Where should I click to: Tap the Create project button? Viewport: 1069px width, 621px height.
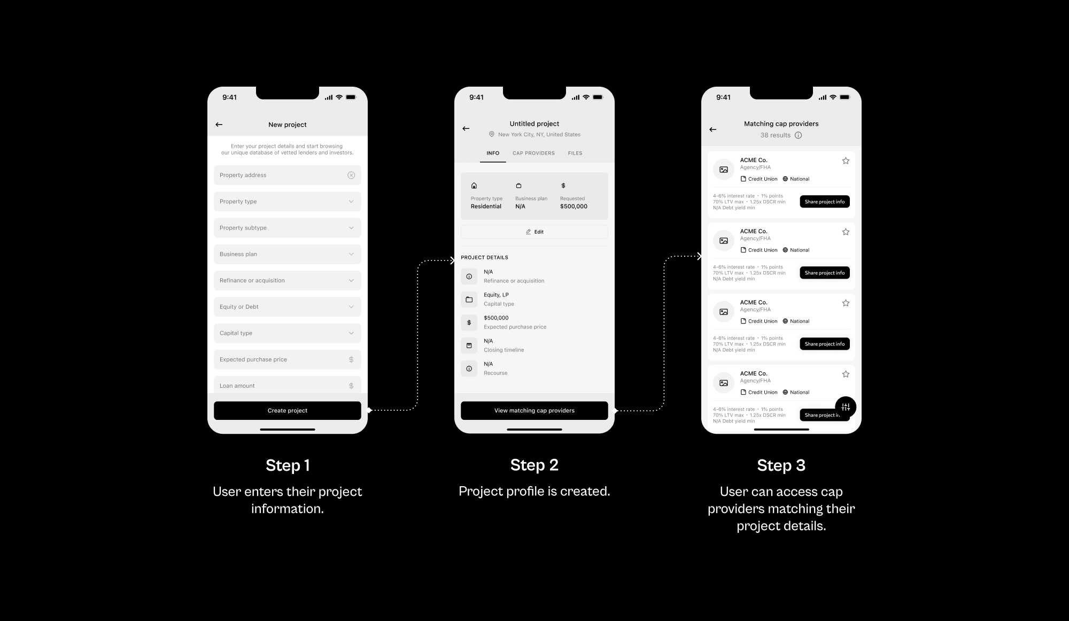click(x=288, y=410)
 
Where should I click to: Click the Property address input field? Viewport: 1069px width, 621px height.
click(x=288, y=175)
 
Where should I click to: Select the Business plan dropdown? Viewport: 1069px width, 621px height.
click(x=288, y=254)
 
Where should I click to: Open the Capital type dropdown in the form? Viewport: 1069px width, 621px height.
click(x=288, y=333)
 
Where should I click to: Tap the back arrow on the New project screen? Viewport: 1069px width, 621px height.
click(x=219, y=125)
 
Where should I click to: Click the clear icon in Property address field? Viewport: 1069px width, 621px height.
click(x=351, y=175)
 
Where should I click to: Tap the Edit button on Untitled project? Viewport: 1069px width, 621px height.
click(x=534, y=232)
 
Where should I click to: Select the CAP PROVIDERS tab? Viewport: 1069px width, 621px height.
click(x=533, y=153)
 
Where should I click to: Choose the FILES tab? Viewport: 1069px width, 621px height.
click(x=575, y=153)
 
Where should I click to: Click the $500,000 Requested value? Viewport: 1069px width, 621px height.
click(x=574, y=206)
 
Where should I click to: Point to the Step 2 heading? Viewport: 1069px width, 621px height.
click(x=534, y=465)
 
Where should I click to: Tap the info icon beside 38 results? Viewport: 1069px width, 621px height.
click(x=798, y=135)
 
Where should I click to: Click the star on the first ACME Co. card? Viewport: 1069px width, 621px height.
click(x=846, y=160)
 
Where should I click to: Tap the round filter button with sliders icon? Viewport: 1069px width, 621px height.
click(x=846, y=408)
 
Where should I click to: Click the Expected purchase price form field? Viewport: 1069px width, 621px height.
click(x=288, y=359)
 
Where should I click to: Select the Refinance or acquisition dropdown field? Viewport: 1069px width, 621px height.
click(x=288, y=280)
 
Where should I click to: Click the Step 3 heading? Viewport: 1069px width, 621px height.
click(x=781, y=465)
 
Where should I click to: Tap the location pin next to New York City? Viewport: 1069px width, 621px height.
click(x=492, y=134)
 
